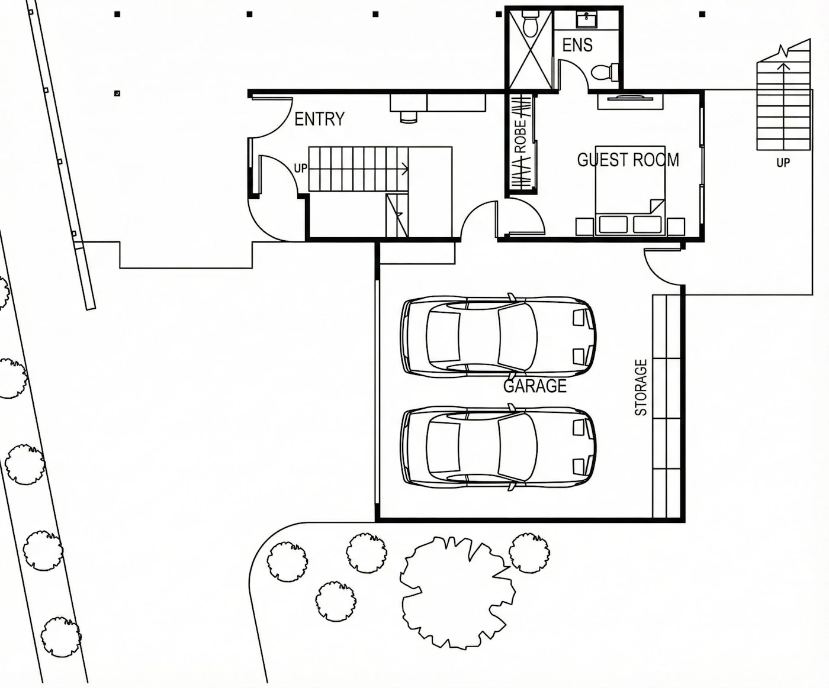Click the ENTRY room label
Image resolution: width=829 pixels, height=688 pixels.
click(x=320, y=119)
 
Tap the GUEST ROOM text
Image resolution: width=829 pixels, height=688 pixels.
click(x=628, y=160)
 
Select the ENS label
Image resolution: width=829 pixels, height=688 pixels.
click(x=578, y=45)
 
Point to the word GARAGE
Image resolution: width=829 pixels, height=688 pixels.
click(x=535, y=386)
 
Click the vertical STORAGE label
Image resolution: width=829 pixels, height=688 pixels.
click(x=641, y=387)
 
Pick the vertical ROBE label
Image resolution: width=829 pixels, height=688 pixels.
click(x=520, y=137)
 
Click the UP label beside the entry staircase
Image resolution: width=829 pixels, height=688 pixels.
click(x=301, y=168)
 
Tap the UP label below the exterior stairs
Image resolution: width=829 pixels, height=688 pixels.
click(x=783, y=162)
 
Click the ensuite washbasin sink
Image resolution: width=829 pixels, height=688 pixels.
click(x=587, y=19)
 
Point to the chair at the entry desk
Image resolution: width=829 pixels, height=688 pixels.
click(x=409, y=117)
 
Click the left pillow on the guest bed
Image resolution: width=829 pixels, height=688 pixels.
click(x=613, y=225)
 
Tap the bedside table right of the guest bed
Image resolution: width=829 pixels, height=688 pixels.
click(x=676, y=227)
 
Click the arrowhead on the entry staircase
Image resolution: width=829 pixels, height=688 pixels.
click(x=406, y=169)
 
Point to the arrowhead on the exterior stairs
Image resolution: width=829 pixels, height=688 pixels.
click(x=783, y=66)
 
